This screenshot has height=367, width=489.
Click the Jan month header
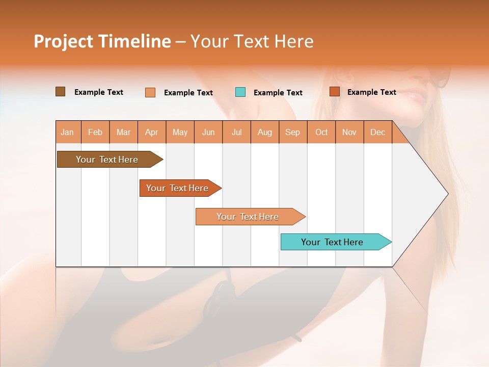(x=67, y=132)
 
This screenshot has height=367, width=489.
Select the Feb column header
(x=95, y=132)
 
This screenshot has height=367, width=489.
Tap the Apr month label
(x=151, y=132)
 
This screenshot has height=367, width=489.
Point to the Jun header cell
(x=208, y=132)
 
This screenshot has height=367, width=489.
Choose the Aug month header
(x=264, y=132)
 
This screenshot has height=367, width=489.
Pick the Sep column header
(x=292, y=132)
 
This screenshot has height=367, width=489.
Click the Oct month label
(x=321, y=132)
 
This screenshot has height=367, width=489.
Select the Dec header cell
(x=377, y=132)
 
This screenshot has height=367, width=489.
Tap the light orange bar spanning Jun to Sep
(x=248, y=217)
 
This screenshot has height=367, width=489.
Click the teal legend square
(x=240, y=92)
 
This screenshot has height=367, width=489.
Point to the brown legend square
(x=61, y=92)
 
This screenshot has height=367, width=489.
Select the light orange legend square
(x=150, y=92)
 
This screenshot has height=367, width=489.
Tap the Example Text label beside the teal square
(x=278, y=93)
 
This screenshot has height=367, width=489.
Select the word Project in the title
(x=64, y=41)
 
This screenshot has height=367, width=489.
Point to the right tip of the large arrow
(x=447, y=194)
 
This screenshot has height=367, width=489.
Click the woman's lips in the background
(x=418, y=96)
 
